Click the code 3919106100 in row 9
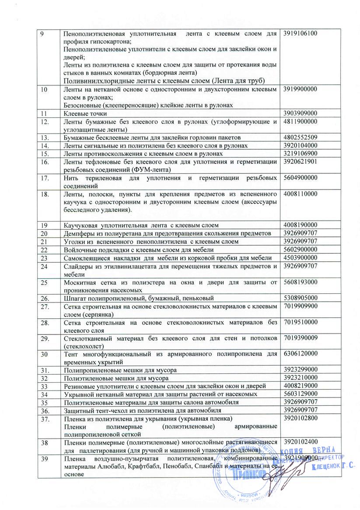click(304, 34)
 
